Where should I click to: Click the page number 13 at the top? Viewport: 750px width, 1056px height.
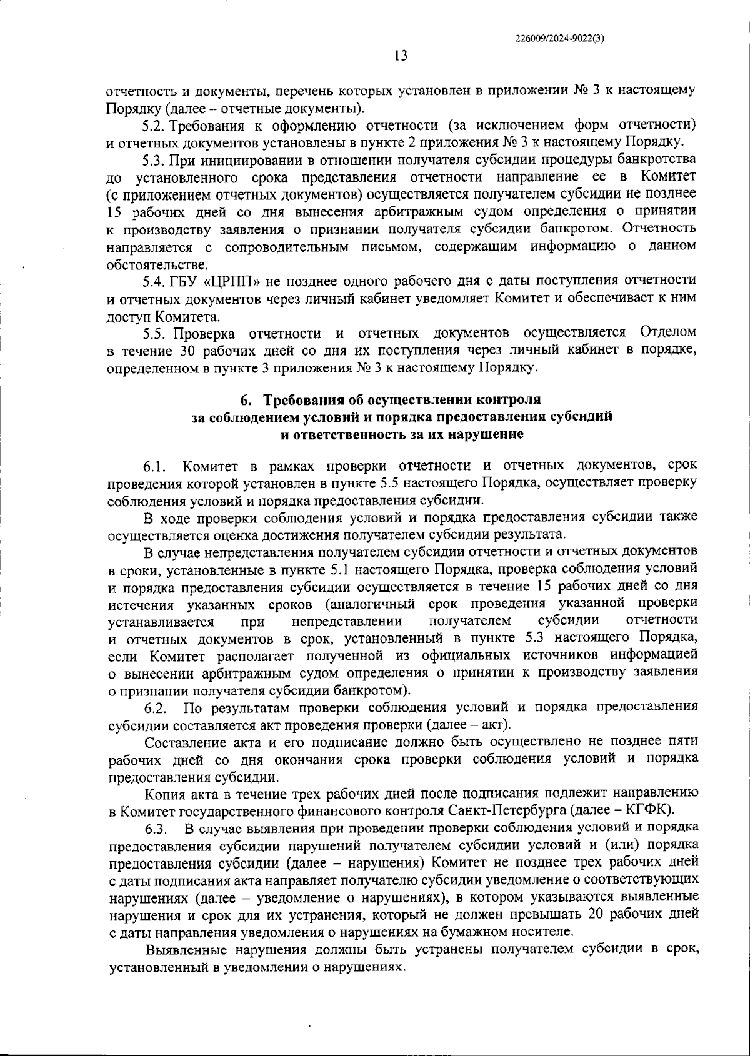point(401,56)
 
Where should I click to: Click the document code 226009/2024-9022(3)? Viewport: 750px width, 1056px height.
point(559,37)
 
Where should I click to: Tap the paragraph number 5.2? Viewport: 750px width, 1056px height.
point(153,125)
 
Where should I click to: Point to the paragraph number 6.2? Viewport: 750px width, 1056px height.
point(156,709)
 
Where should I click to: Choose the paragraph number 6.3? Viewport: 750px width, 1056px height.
point(156,829)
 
